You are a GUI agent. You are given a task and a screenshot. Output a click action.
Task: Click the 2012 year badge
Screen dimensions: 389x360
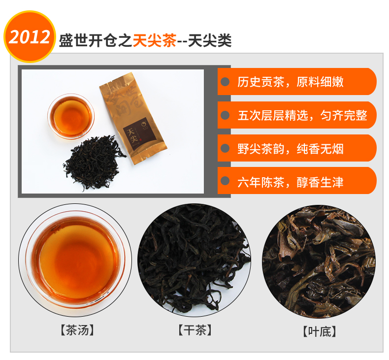point(30,36)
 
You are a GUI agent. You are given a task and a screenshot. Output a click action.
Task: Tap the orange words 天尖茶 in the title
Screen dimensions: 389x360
point(155,40)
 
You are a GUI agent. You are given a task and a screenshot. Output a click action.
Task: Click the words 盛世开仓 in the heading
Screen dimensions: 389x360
point(88,40)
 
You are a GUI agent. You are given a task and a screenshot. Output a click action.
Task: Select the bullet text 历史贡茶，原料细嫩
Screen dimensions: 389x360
point(290,82)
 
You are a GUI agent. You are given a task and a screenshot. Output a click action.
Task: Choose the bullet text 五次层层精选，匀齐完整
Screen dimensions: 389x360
point(302,115)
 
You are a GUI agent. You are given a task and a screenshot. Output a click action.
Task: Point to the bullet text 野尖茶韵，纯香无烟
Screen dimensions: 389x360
point(290,149)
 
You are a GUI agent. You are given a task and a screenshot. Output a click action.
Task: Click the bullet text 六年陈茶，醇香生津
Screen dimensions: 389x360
point(290,182)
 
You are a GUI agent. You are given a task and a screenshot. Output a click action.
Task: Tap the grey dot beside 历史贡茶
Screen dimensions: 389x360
point(225,82)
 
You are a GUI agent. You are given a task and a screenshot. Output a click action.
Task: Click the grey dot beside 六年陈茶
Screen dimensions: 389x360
point(225,181)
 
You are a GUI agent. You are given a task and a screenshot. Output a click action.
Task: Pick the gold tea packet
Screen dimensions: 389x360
point(133,118)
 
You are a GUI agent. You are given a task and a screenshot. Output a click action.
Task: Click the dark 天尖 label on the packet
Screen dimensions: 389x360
point(139,133)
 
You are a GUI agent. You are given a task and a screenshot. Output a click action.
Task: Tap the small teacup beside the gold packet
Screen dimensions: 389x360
point(71,116)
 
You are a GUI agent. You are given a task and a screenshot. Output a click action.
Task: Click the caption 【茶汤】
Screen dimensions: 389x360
point(77,330)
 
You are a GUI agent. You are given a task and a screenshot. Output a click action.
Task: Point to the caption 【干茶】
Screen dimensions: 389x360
point(195,330)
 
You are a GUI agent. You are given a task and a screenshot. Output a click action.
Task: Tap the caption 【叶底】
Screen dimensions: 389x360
point(320,331)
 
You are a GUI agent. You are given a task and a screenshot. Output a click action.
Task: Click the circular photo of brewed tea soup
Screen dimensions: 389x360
point(75,260)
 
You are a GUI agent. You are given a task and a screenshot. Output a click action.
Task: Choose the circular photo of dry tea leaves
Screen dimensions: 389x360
point(194,260)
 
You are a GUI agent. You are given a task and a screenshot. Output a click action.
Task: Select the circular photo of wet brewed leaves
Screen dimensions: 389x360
point(319,262)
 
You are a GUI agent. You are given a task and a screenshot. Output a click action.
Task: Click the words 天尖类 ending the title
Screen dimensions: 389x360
point(210,40)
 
